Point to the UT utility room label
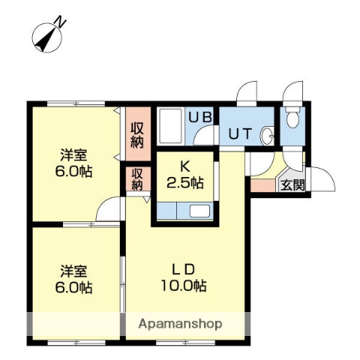[x=240, y=135]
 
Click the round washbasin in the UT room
[x=268, y=135]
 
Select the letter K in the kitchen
[x=184, y=167]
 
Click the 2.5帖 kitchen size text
[x=184, y=182]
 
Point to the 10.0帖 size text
[x=183, y=286]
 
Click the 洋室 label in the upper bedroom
[x=73, y=155]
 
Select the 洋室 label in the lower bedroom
[x=73, y=271]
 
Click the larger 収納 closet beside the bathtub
[x=137, y=135]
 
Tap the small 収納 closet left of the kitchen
[x=137, y=180]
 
